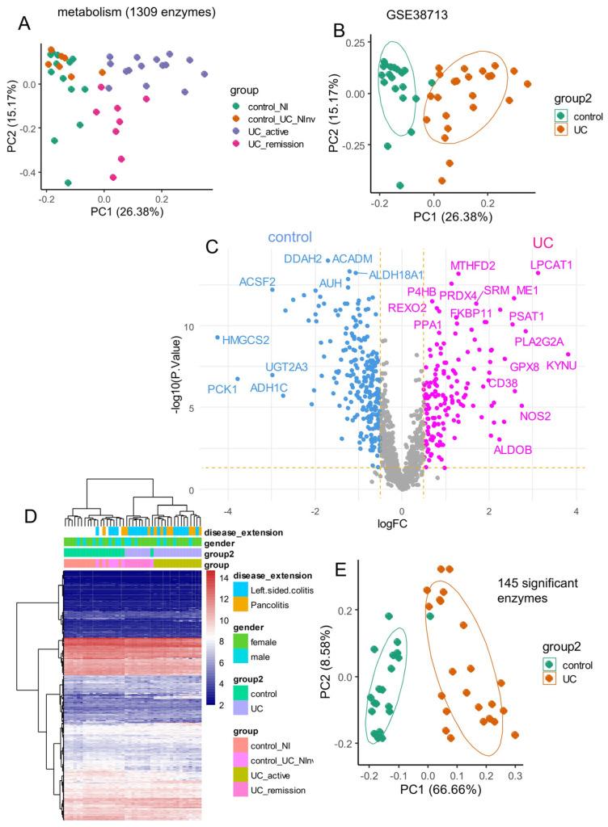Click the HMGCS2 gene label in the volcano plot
click(247, 339)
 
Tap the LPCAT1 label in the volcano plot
click(551, 264)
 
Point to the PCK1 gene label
click(222, 389)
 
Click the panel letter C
click(213, 247)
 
